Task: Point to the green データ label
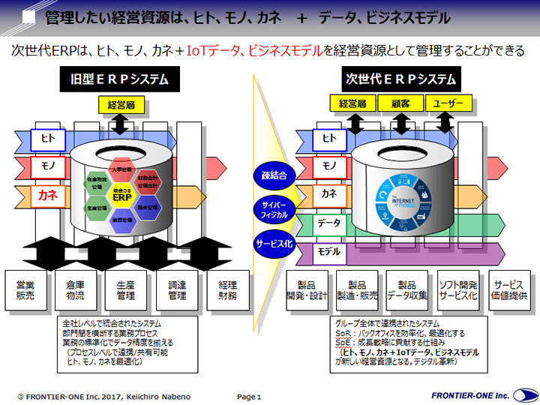point(328,223)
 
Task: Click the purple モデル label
point(328,251)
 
